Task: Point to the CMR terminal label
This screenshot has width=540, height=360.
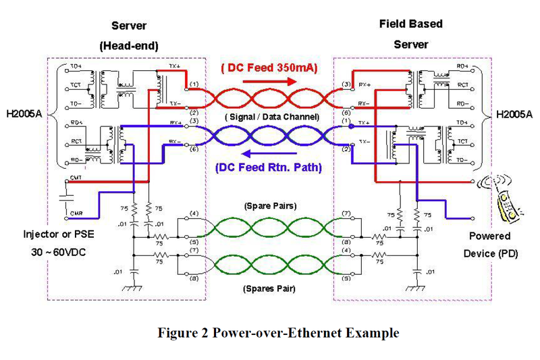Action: (75, 212)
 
